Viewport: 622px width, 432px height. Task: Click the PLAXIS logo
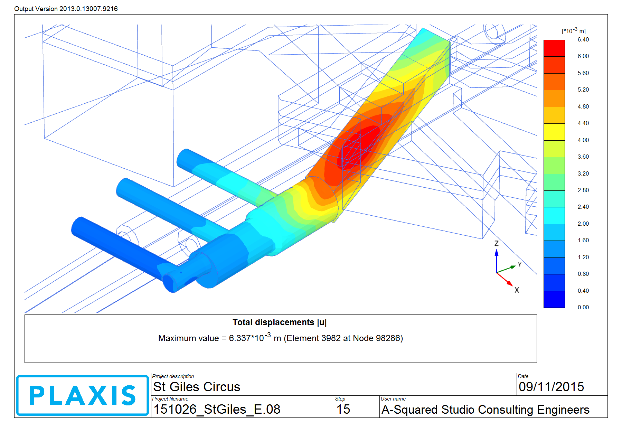point(83,395)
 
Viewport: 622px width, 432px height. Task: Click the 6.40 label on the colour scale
point(583,40)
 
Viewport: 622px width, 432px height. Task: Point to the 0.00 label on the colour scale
point(583,308)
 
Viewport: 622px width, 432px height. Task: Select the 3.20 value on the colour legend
point(583,173)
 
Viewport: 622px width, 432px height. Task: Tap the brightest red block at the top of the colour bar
point(554,48)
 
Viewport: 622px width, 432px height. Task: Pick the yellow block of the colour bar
point(554,132)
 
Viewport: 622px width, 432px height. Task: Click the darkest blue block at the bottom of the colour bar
point(554,299)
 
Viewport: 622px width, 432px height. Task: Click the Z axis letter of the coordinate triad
point(497,243)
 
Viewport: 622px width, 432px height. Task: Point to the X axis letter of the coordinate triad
point(517,290)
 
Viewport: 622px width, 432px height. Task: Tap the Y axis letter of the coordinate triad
point(519,265)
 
